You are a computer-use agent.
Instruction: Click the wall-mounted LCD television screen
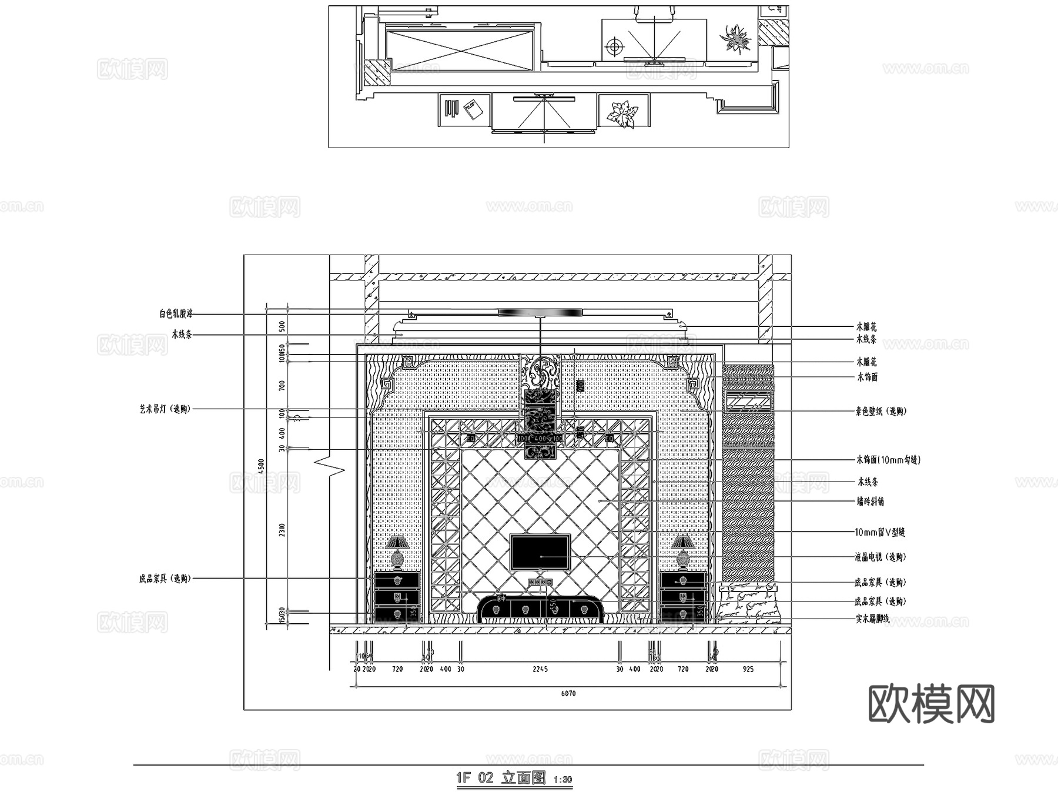coord(540,552)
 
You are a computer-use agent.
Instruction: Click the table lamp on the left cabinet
coord(397,552)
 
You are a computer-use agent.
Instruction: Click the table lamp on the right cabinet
coord(682,552)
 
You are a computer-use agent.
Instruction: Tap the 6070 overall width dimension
coord(568,694)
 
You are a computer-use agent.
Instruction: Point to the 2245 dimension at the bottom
coord(540,669)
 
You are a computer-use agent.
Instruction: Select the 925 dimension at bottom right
coord(748,669)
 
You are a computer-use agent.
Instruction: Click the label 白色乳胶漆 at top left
coord(176,314)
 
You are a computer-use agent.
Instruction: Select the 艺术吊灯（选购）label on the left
coord(165,409)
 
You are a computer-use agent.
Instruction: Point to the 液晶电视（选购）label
coord(880,557)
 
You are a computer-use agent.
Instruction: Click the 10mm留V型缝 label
coord(879,532)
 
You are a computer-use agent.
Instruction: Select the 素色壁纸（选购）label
coord(880,412)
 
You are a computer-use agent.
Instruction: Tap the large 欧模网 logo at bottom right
coord(931,704)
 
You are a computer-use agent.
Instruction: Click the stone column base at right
coord(748,603)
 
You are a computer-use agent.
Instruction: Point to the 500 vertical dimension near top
coord(282,326)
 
